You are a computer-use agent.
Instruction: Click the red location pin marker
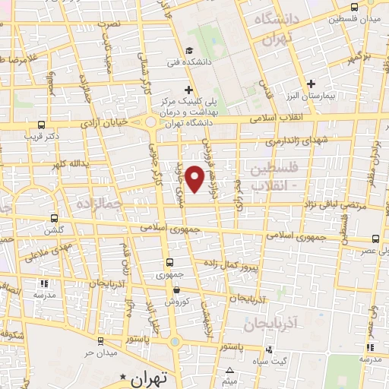tap(195, 178)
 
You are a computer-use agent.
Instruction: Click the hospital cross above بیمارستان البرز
tap(311, 84)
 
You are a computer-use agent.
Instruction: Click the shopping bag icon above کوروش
tap(176, 289)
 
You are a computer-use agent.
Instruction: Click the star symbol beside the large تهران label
tap(122, 377)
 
